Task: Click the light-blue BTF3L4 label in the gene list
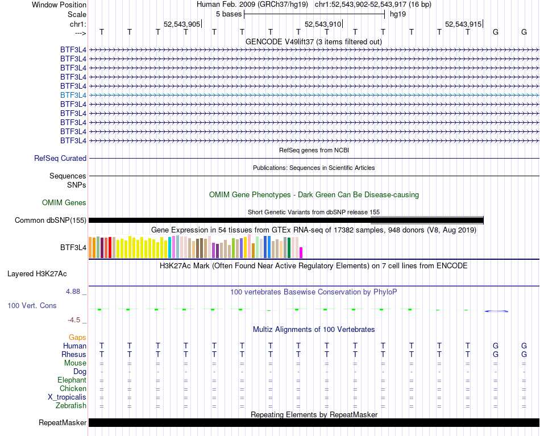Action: pos(73,95)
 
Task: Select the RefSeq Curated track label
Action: pos(60,159)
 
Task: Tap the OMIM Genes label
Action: pos(64,202)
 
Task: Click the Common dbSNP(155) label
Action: pos(51,221)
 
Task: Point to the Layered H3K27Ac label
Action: pos(37,273)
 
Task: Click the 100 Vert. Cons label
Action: pos(32,306)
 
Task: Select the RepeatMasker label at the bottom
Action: pos(63,423)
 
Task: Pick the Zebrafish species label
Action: pos(71,406)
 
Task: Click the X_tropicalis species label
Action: pos(67,397)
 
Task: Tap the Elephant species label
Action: pos(72,380)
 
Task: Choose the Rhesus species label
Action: pos(73,355)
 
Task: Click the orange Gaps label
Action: pos(78,338)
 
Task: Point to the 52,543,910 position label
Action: pos(323,24)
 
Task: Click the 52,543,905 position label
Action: pos(182,24)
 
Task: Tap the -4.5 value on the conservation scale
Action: pos(77,320)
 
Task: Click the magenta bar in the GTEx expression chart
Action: pos(301,252)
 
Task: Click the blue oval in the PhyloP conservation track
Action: pos(496,311)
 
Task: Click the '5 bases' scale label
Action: pos(229,14)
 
